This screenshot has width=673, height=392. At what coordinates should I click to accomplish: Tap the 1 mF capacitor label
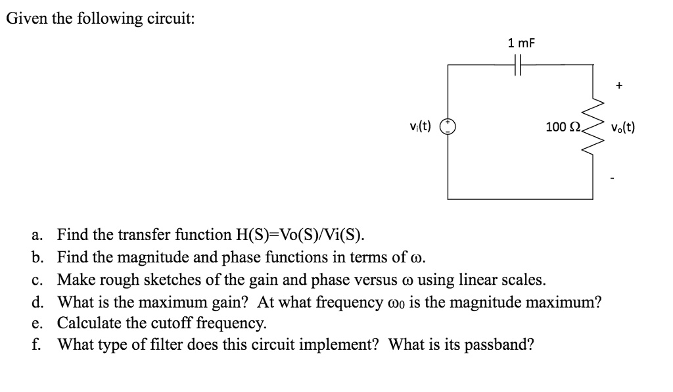(521, 43)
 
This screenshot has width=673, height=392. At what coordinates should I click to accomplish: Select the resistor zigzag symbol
(597, 128)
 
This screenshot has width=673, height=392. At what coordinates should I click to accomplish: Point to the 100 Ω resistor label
(561, 127)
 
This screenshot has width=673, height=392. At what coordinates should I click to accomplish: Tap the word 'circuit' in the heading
(168, 18)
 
